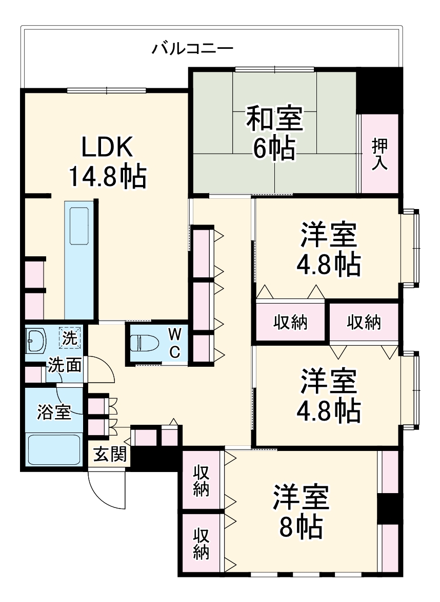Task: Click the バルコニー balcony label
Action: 192,49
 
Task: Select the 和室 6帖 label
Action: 274,133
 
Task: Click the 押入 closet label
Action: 380,154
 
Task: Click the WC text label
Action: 174,343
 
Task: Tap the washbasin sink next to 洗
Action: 35,340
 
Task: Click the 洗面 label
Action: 64,365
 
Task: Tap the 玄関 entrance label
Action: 109,455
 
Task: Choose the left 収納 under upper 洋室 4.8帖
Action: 290,322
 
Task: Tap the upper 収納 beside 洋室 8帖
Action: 201,481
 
